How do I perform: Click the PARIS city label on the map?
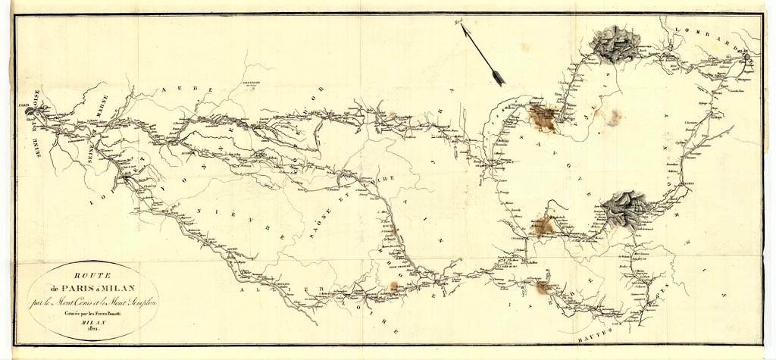click(23, 106)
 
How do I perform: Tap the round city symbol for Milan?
click(748, 56)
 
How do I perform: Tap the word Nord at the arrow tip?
click(459, 24)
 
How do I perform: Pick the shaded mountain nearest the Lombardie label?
click(615, 43)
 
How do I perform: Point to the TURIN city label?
click(688, 183)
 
